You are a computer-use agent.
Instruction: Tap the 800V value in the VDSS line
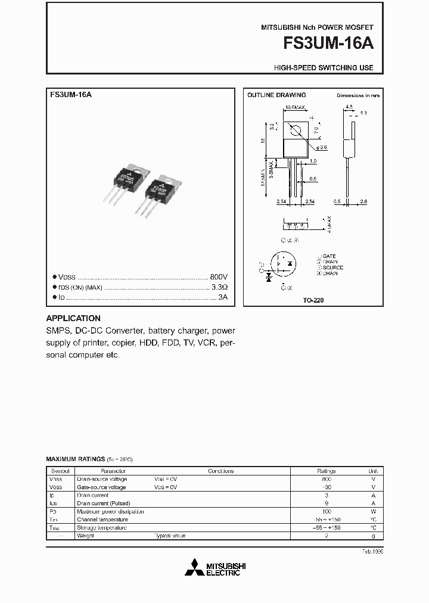(x=219, y=278)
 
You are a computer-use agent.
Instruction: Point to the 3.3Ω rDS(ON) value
(x=220, y=287)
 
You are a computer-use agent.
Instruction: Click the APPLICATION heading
(x=73, y=318)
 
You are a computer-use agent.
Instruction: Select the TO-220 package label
(x=313, y=301)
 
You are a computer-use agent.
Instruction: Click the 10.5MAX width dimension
(x=295, y=107)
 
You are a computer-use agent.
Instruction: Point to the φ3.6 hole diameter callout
(x=322, y=147)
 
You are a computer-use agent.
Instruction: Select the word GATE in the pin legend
(x=329, y=256)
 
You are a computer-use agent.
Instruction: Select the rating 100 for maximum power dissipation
(x=326, y=511)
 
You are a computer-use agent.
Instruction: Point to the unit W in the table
(x=373, y=511)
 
